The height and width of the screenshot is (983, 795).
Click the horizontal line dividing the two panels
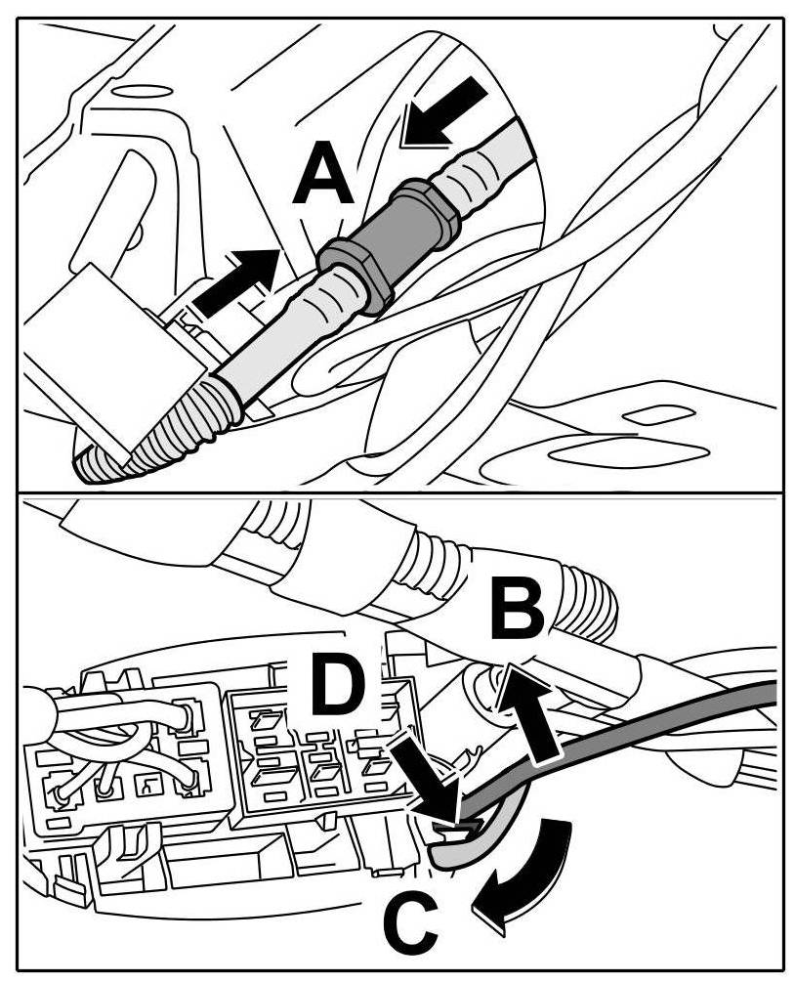click(x=397, y=488)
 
